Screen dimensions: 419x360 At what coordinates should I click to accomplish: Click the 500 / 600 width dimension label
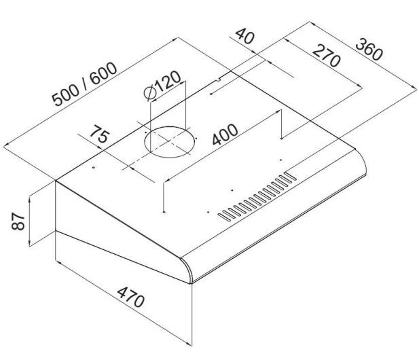pos(84,84)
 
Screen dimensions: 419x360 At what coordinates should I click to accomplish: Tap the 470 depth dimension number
pos(130,297)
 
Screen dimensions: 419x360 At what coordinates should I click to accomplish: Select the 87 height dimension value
pos(18,221)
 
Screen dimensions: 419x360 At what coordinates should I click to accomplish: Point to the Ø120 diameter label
pos(162,86)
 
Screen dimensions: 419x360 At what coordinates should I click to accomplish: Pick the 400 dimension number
pos(225,134)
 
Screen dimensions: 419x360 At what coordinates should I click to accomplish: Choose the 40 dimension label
pos(244,36)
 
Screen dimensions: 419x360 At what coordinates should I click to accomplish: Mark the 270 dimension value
pos(326,56)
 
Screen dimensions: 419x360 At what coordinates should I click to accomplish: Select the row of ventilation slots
pos(257,197)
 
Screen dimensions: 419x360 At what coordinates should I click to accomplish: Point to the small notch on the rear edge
pos(219,79)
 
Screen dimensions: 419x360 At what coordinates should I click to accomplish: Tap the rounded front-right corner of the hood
pos(362,161)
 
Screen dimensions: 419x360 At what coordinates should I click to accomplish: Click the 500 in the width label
pos(66,95)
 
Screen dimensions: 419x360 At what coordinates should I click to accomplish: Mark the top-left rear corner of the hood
pos(55,181)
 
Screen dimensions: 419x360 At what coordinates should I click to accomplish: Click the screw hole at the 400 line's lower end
pos(164,213)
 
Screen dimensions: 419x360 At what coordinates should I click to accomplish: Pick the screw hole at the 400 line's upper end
pos(281,139)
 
